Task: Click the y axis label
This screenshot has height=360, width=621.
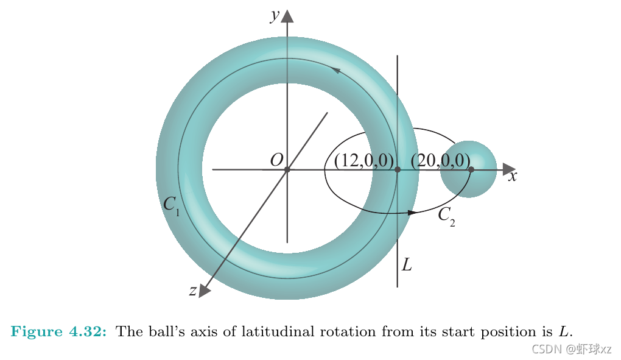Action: pos(275,15)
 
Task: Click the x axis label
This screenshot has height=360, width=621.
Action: pos(513,177)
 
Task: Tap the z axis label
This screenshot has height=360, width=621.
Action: pos(192,291)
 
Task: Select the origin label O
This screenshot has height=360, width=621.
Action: pos(276,160)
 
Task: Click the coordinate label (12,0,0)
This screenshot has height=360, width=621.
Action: pos(363,160)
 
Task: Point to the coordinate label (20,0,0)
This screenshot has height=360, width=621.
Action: pos(440,160)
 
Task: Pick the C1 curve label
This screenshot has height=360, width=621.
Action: pos(171,205)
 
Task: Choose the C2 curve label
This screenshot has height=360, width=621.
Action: pos(446,216)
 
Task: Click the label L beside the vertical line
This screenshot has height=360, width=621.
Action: pos(407,265)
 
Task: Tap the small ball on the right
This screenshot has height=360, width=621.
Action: pos(468,169)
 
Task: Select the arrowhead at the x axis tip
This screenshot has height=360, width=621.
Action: pos(509,169)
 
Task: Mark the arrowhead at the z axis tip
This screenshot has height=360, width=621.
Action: pos(205,291)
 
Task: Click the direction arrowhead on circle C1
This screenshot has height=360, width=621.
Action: pos(335,71)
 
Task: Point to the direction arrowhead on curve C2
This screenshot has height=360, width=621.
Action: pos(412,213)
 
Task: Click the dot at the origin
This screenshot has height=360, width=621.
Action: pos(287,169)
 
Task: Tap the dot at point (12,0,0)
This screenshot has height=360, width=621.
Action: pos(398,169)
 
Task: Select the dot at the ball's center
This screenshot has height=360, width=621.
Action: pos(471,169)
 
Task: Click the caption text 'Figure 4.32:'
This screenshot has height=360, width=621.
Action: pos(59,332)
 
